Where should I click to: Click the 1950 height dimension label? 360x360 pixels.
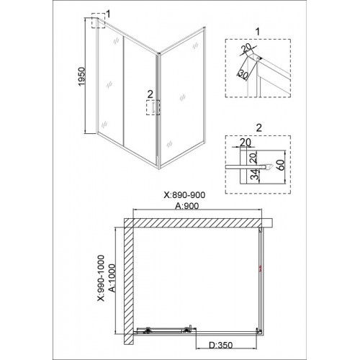82,76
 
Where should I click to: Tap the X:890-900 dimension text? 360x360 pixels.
184,195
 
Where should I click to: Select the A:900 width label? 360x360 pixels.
186,206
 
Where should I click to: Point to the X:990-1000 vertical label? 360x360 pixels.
101,278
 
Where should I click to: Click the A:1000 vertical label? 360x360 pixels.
112,278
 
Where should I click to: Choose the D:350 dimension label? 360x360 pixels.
221,345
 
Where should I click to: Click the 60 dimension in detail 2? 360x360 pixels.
281,165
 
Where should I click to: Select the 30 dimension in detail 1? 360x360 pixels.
243,75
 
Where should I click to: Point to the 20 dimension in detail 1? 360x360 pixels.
247,49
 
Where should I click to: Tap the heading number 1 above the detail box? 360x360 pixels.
258,32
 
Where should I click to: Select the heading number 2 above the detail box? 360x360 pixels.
258,128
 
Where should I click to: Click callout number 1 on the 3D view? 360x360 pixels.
108,14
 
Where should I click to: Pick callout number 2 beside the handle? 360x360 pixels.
150,94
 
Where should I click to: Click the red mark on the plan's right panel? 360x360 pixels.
260,269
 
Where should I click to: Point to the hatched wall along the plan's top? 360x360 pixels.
193,222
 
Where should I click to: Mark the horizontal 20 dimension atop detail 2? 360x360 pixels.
246,143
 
